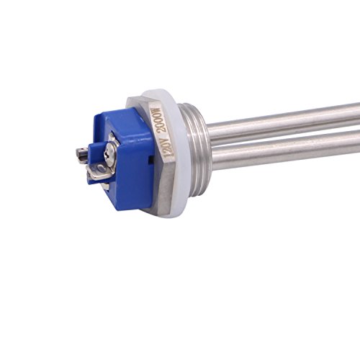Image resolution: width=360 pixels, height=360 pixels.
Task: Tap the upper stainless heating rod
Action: (288, 121)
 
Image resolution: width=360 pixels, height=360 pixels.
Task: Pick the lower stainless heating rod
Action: (288, 153)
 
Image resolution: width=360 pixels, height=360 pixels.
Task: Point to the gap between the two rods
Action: (288, 137)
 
